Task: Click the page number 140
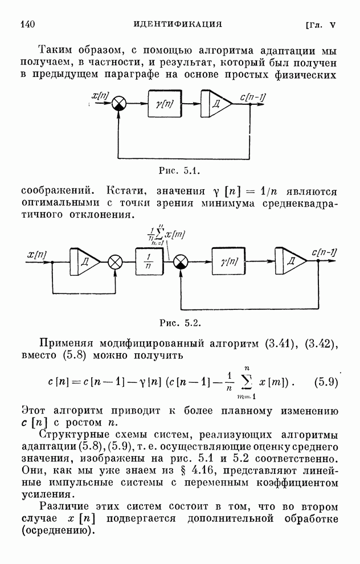click(28, 24)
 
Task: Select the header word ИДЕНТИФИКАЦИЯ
click(177, 24)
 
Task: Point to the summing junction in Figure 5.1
click(118, 104)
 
